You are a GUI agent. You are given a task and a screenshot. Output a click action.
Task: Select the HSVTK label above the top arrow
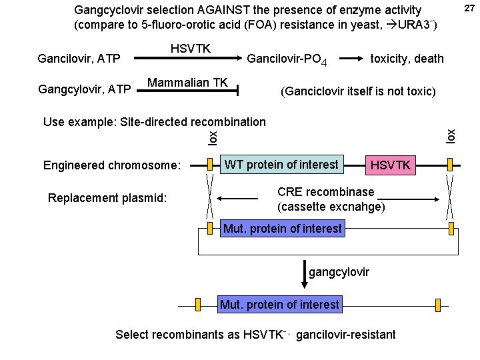click(190, 49)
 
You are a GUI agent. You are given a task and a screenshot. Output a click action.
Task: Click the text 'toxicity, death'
click(407, 59)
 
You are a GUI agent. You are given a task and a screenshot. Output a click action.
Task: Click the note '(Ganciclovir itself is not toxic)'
click(359, 91)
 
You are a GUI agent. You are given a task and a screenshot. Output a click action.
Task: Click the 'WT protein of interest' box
click(281, 164)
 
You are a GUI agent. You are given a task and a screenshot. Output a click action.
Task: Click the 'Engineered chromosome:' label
click(112, 165)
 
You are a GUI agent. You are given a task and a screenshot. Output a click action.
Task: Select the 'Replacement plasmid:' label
click(107, 198)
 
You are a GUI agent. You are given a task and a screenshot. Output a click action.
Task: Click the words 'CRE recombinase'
click(325, 192)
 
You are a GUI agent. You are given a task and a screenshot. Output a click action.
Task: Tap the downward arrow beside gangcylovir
click(305, 274)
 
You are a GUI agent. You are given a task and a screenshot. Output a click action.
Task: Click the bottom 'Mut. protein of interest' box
click(279, 305)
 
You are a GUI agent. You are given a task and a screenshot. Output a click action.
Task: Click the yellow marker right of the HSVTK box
click(451, 165)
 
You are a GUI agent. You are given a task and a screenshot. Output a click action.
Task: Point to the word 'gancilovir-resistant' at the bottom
click(345, 334)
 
